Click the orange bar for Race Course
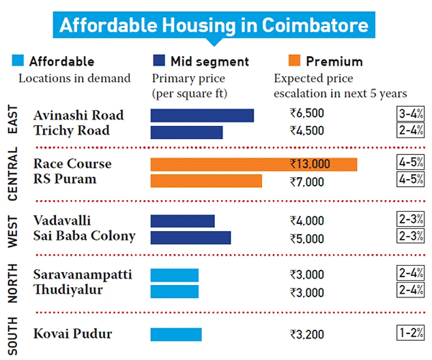253,164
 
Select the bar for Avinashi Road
202,116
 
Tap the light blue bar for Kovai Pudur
176,335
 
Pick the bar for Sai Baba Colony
190,238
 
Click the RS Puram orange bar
206,181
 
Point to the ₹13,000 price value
310,164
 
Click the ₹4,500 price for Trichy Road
306,131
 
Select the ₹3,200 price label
306,335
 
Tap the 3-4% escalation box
410,114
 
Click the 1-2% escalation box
410,332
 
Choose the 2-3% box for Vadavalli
410,220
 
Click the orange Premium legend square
294,60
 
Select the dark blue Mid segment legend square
159,60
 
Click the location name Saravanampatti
83,275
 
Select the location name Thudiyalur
68,290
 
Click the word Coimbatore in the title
316,25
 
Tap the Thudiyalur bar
174,291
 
